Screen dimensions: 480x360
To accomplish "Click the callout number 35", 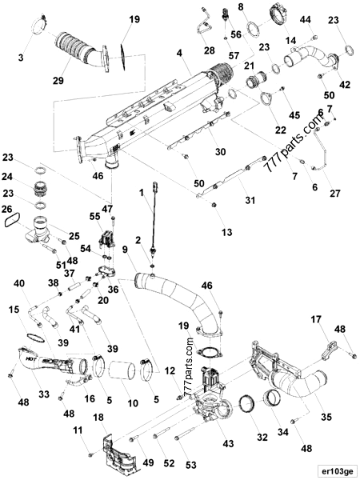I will tap(326, 416).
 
